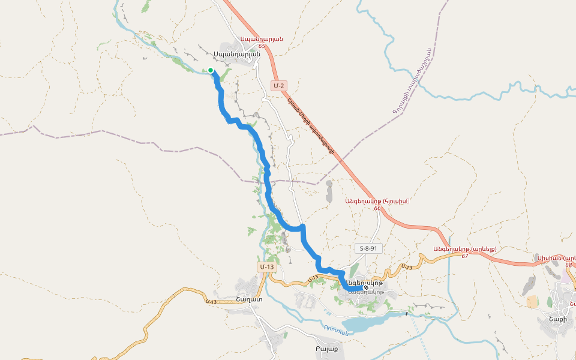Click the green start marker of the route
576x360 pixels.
211,70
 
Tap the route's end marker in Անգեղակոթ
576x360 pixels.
366,288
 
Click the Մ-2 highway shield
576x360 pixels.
278,86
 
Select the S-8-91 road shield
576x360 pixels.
367,248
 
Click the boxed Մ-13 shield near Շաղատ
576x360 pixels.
267,266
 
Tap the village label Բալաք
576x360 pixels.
326,349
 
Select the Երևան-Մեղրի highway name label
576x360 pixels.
310,127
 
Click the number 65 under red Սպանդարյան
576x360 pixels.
262,46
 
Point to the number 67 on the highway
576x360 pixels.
464,256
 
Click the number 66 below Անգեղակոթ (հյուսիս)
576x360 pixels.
377,208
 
